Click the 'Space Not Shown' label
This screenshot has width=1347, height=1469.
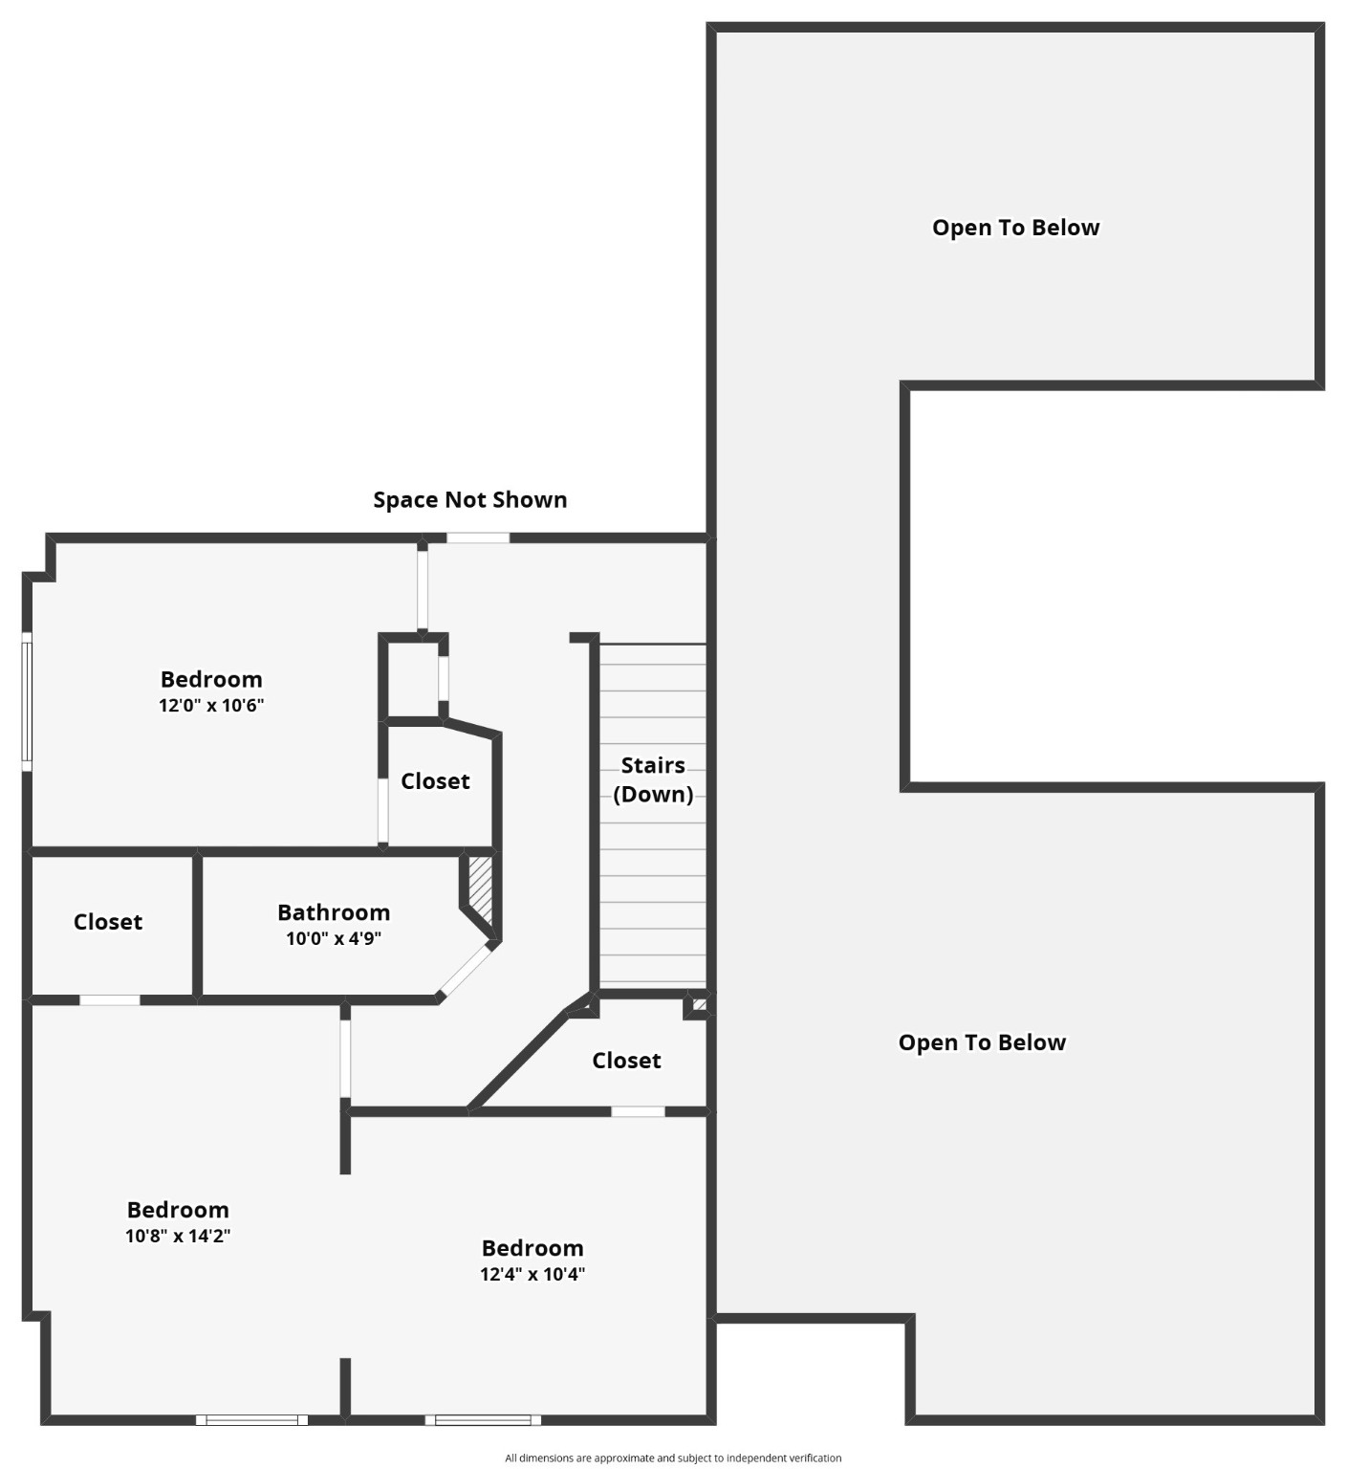click(x=469, y=499)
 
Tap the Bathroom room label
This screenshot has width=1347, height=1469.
click(x=334, y=912)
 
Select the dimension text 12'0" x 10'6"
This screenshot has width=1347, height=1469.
click(x=211, y=706)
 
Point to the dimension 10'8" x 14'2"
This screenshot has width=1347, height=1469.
click(x=178, y=1236)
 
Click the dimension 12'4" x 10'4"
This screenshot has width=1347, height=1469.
click(x=532, y=1274)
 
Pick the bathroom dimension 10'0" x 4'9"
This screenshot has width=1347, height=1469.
click(x=334, y=938)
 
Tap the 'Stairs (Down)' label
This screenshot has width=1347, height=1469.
click(x=653, y=779)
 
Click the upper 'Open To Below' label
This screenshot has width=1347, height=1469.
click(x=1015, y=228)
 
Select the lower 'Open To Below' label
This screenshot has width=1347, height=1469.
click(x=982, y=1042)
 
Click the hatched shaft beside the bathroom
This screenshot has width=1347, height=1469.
click(x=480, y=889)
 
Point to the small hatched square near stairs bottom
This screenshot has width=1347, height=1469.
click(x=699, y=1005)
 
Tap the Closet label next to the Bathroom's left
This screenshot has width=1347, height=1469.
click(x=108, y=922)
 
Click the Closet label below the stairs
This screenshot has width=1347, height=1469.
click(x=626, y=1061)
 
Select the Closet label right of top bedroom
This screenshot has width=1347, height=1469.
click(x=435, y=781)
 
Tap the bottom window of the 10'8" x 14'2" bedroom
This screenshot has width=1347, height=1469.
click(x=252, y=1420)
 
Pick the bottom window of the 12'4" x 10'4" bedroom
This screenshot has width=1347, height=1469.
click(x=483, y=1420)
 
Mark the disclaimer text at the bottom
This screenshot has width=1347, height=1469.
click(x=673, y=1458)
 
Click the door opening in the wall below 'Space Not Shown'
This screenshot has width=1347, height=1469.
click(x=478, y=537)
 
